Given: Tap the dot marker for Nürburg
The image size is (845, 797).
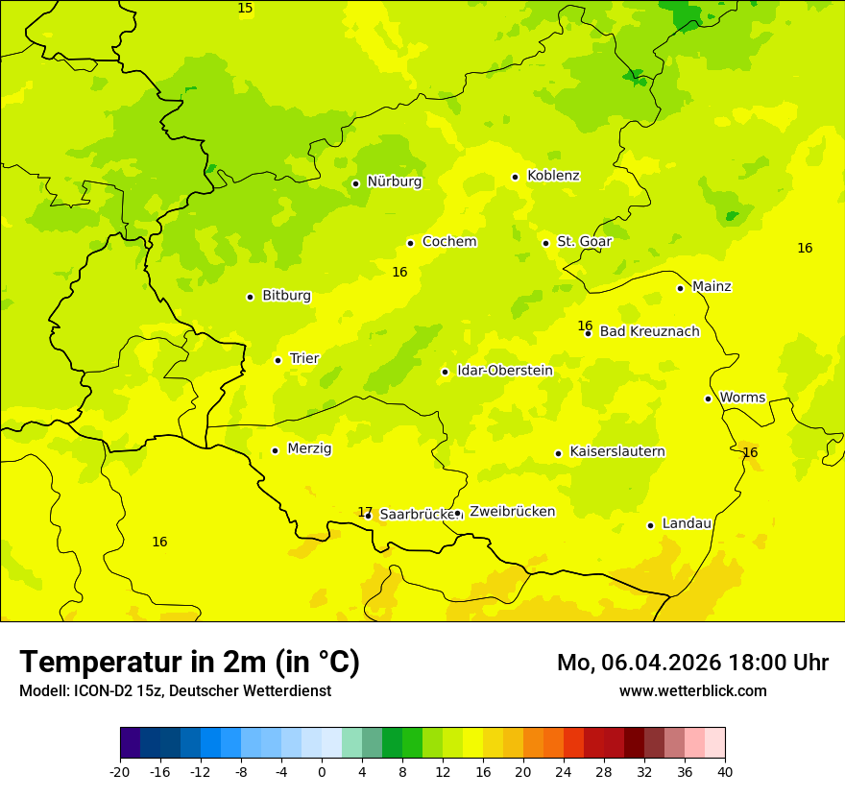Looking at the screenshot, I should coord(355,183).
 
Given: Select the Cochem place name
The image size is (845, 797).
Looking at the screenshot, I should coord(449,242).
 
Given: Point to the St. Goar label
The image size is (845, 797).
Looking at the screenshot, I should coord(584,242).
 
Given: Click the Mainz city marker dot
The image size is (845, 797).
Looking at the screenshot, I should coord(680,288).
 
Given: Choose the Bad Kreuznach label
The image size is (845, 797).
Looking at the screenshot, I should coord(649,332).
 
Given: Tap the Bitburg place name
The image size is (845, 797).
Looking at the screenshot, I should coord(286,296).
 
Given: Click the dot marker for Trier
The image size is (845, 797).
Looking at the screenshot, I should coord(278,360).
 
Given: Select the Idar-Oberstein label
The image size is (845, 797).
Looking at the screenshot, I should coord(504,371).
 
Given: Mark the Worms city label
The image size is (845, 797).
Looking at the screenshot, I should coord(742,398).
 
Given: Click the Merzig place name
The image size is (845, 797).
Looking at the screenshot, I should coord(309,449).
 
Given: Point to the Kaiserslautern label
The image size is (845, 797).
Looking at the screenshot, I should coord(617,452).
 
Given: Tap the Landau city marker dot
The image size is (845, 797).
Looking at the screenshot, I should coord(650,525).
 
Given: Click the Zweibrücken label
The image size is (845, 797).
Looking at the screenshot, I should coord(512,512).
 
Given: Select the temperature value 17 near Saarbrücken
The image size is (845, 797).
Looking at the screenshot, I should coord(365,512).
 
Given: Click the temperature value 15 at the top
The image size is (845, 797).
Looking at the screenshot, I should coord(246,9).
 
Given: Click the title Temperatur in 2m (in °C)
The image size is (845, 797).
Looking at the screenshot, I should coord(189,662).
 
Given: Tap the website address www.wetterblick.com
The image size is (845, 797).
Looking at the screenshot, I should coord(692,691).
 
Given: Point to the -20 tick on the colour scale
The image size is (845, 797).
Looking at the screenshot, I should coord(119,771).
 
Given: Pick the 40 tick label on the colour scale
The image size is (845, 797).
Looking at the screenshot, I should coord(725,771).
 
